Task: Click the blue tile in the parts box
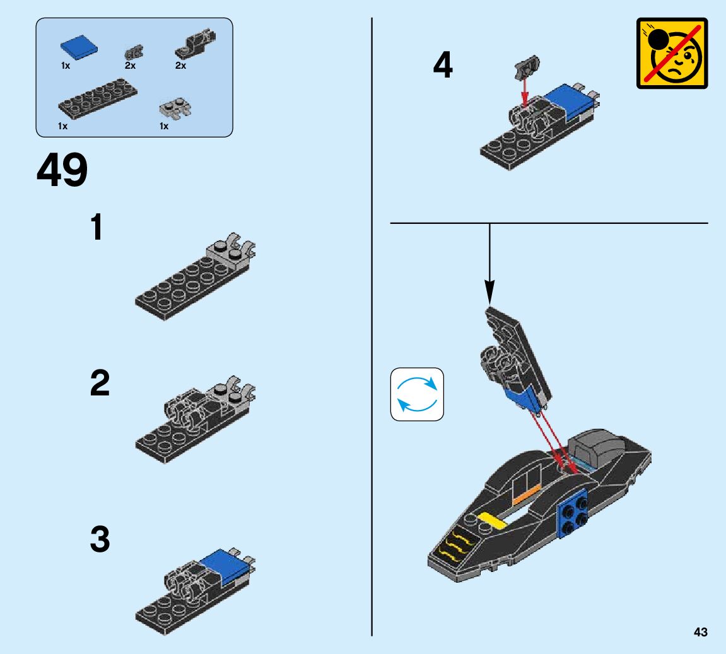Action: click(x=79, y=47)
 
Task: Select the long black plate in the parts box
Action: click(x=98, y=98)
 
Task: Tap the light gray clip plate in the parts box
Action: click(x=175, y=108)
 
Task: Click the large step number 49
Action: click(x=62, y=170)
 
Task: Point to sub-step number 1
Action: click(x=97, y=227)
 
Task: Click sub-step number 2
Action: click(x=100, y=383)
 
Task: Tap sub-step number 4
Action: click(x=443, y=65)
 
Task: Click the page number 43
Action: click(x=701, y=632)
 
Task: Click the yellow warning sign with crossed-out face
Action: click(x=672, y=53)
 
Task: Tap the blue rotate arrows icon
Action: click(x=417, y=394)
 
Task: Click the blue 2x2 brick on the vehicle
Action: click(x=573, y=513)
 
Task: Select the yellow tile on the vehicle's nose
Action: click(x=493, y=520)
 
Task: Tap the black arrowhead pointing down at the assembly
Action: click(x=489, y=293)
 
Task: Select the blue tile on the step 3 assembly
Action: click(x=224, y=564)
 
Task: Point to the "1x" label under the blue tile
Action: click(x=66, y=66)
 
